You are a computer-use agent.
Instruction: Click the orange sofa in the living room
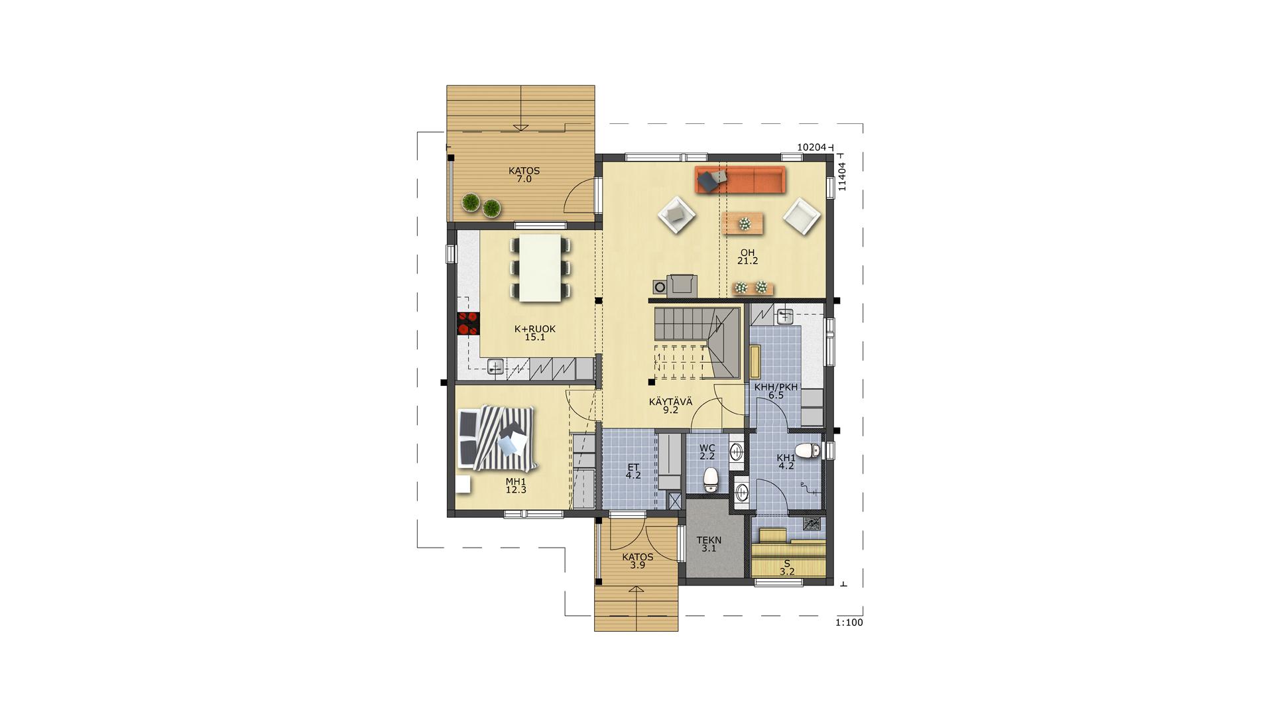point(740,180)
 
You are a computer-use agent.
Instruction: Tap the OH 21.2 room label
point(748,257)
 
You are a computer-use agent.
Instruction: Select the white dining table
point(540,268)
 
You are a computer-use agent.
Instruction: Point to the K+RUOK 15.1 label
point(535,333)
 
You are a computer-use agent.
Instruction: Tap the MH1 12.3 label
point(516,486)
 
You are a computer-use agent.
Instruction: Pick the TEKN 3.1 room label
point(709,544)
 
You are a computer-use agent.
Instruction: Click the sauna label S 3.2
point(787,567)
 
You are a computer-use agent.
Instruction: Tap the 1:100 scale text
point(849,623)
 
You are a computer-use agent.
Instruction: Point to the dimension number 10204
point(812,147)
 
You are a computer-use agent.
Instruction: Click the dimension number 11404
point(842,176)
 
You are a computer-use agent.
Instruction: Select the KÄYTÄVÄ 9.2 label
point(671,405)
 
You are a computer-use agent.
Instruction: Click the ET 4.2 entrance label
point(633,471)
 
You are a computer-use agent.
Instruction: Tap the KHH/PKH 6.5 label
point(776,391)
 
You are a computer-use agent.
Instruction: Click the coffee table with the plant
point(743,223)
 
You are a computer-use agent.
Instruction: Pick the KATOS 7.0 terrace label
point(524,175)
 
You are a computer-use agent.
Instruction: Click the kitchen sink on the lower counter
point(496,366)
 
